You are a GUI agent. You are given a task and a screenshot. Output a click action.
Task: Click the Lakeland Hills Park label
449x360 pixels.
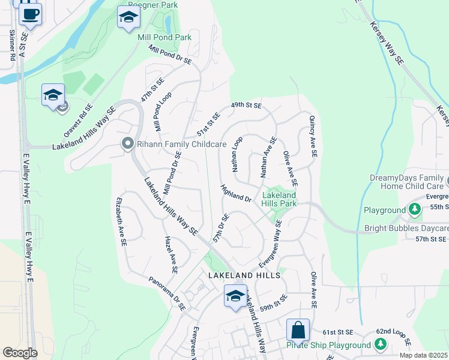[279, 199]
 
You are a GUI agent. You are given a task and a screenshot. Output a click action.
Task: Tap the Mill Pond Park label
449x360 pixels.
[164, 37]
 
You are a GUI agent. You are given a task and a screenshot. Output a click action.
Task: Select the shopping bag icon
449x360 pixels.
[298, 329]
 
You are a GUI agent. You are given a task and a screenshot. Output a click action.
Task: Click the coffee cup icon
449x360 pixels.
[30, 13]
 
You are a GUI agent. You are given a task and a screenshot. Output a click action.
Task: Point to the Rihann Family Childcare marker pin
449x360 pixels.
[127, 144]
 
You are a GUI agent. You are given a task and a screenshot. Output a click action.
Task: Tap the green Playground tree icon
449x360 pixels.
[414, 210]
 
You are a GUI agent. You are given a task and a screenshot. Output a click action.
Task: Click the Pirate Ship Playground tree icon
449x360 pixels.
[379, 345]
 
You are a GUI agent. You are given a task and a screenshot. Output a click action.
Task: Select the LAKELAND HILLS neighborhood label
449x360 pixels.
[244, 275]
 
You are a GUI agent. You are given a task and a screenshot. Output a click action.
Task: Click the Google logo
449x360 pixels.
[19, 353]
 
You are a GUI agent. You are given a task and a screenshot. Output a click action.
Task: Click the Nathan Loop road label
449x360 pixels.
[237, 160]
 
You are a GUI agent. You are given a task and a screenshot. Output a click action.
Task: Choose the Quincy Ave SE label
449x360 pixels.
[313, 137]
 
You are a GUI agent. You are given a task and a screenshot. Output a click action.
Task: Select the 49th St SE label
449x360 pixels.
[247, 106]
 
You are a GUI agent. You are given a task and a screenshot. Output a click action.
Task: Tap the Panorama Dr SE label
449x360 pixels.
[167, 293]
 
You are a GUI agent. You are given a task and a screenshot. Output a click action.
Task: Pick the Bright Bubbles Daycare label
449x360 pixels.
[406, 229]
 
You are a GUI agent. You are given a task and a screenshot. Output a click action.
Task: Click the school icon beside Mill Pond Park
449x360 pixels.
[128, 17]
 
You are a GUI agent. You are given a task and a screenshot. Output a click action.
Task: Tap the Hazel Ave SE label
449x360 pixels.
[171, 254]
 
